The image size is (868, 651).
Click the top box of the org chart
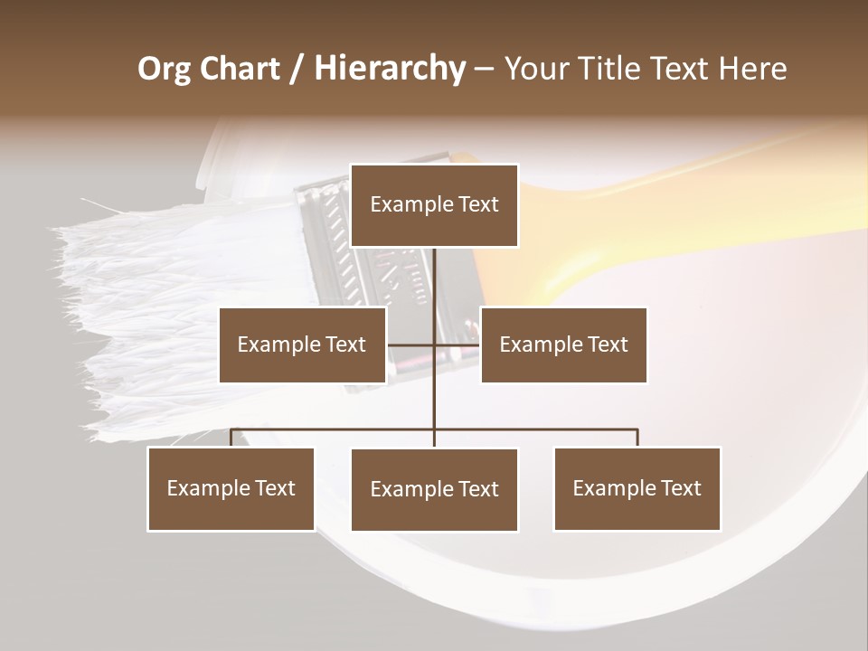434,205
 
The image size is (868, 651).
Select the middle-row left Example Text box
302,344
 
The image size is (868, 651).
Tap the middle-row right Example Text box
563,344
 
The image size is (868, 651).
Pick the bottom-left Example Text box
231,488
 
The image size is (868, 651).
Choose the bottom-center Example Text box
434,489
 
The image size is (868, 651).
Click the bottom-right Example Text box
637,488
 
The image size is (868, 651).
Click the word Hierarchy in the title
390,69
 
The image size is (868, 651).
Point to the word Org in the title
164,69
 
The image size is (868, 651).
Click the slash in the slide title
296,70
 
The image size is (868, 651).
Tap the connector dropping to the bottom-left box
231,438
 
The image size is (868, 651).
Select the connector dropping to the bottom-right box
637,438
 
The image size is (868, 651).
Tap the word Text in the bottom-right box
681,488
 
